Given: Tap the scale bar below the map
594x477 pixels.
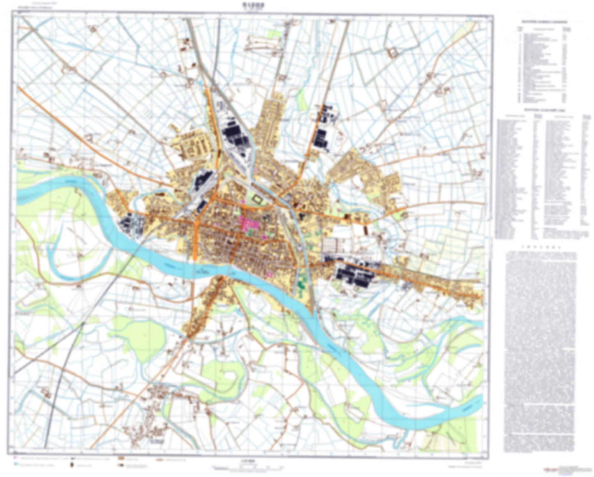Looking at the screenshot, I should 247,468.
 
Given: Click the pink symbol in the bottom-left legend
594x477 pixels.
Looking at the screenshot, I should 16,457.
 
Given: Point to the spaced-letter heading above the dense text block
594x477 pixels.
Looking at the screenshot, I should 540,248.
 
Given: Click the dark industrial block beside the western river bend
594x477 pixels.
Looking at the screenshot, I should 131,224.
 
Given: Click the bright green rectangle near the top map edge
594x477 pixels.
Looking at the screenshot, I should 273,34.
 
